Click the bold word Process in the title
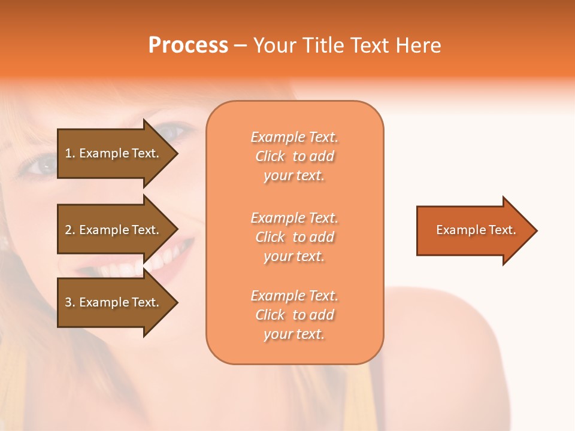[x=188, y=45]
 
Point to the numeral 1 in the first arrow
[x=68, y=153]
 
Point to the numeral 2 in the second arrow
[x=68, y=230]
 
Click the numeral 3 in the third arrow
[x=68, y=302]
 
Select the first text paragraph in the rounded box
[x=295, y=156]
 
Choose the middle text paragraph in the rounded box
[x=295, y=237]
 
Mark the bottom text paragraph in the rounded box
[x=295, y=315]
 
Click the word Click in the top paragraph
[x=270, y=156]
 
